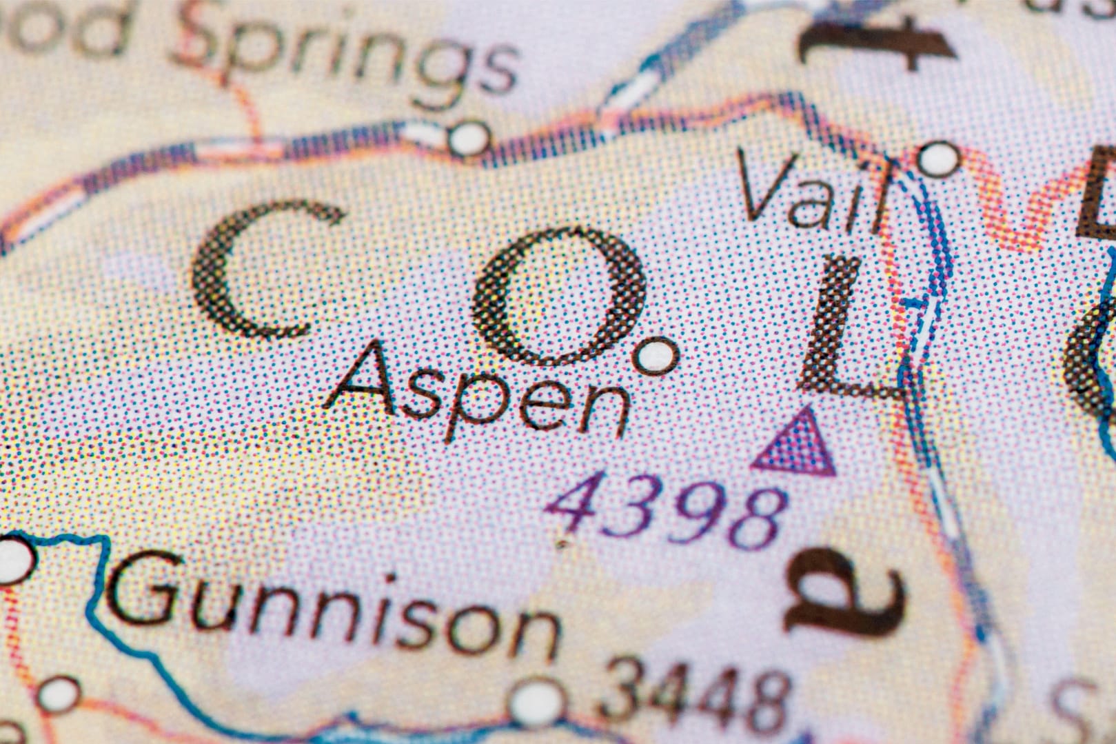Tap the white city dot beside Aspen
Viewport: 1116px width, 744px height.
click(656, 355)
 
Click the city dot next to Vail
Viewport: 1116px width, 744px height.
click(939, 159)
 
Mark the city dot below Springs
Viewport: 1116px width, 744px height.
click(471, 137)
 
